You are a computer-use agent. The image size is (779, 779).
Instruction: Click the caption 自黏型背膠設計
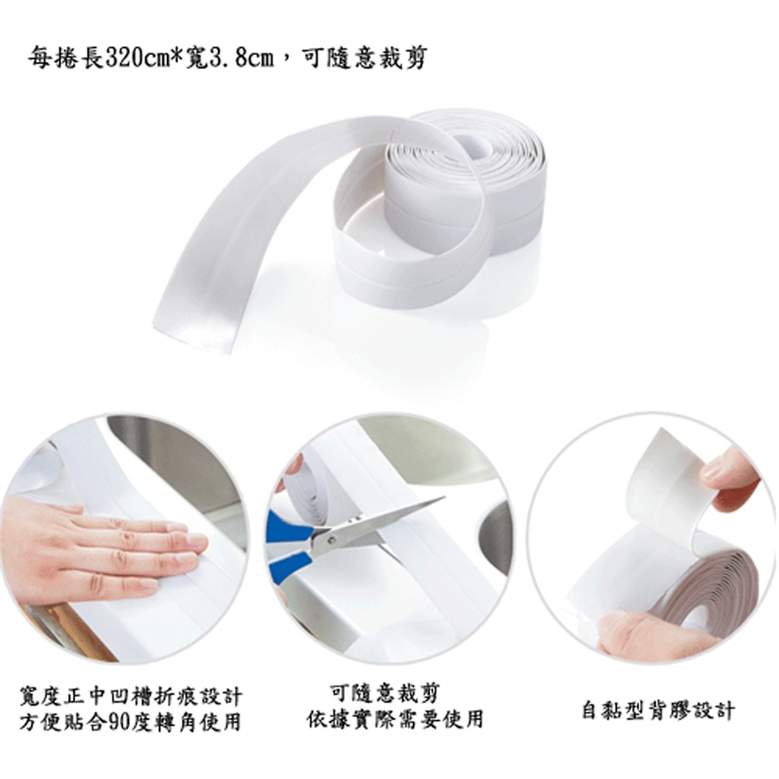658,710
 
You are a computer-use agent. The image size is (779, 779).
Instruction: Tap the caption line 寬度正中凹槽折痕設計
131,696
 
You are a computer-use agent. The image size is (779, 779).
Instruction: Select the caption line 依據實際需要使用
395,719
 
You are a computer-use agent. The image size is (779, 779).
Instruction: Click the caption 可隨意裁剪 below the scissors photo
385,692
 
